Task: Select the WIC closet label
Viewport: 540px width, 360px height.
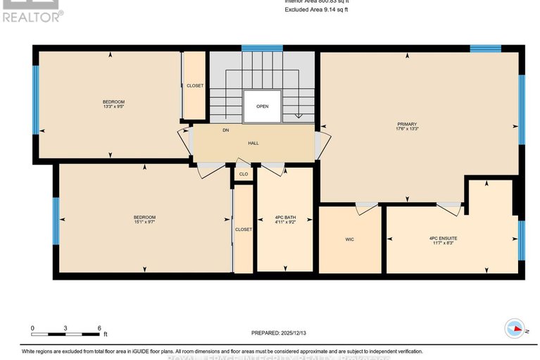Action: tap(349, 240)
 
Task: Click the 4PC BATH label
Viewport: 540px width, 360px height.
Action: tap(284, 216)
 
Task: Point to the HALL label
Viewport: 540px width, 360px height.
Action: tap(253, 143)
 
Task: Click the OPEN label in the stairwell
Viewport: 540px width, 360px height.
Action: tap(262, 107)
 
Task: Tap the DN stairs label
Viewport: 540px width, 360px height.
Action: tap(225, 130)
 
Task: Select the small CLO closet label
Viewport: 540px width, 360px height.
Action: tap(244, 174)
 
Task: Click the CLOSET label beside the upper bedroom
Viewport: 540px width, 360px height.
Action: tap(194, 86)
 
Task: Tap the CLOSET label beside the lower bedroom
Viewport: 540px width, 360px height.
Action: tap(243, 230)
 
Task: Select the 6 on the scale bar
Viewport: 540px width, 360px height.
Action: tap(99, 328)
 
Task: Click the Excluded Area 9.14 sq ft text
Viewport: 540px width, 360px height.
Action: tap(317, 10)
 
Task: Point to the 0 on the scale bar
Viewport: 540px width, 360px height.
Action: tap(32, 328)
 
